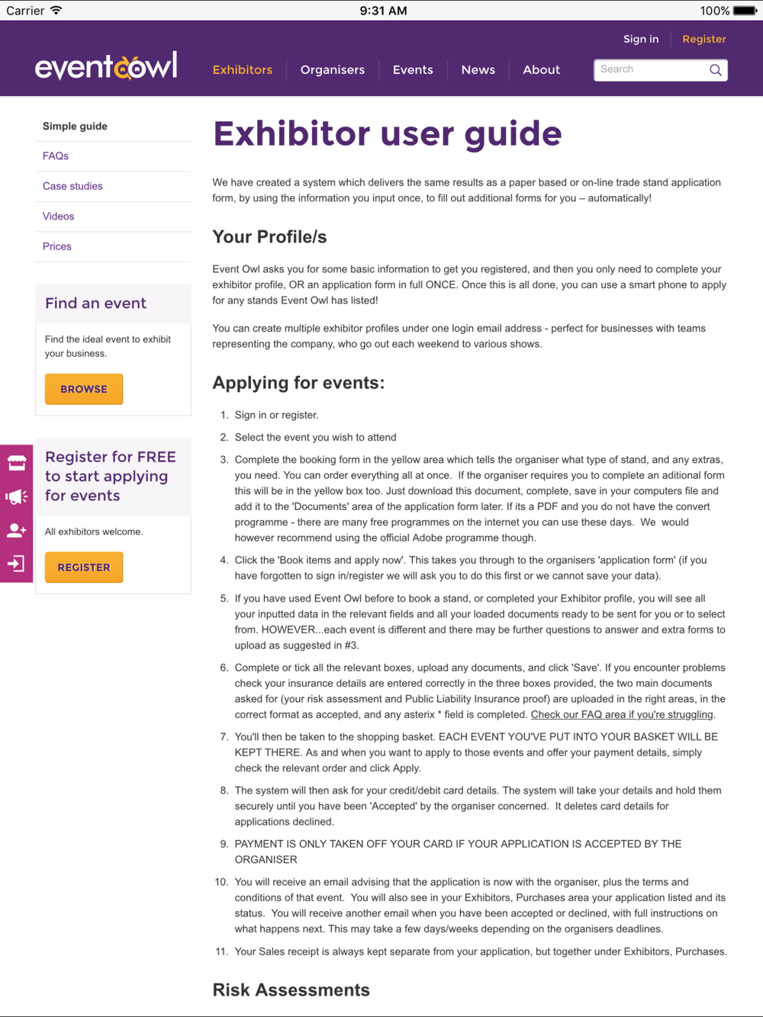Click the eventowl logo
(x=106, y=67)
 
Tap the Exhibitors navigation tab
(x=242, y=70)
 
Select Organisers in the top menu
(x=332, y=70)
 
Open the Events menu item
(x=413, y=70)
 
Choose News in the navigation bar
(x=478, y=70)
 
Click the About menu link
(x=541, y=70)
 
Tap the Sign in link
(x=640, y=39)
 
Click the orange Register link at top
(x=703, y=39)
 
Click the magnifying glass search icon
(x=715, y=70)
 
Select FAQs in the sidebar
(x=56, y=156)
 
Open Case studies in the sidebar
(x=72, y=186)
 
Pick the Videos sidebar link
(x=59, y=217)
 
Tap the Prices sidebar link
(x=57, y=246)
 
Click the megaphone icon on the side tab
(x=16, y=497)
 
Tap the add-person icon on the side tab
(x=16, y=531)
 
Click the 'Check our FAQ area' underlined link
(x=623, y=714)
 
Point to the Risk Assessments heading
(x=291, y=990)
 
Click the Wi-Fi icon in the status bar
(x=56, y=11)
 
